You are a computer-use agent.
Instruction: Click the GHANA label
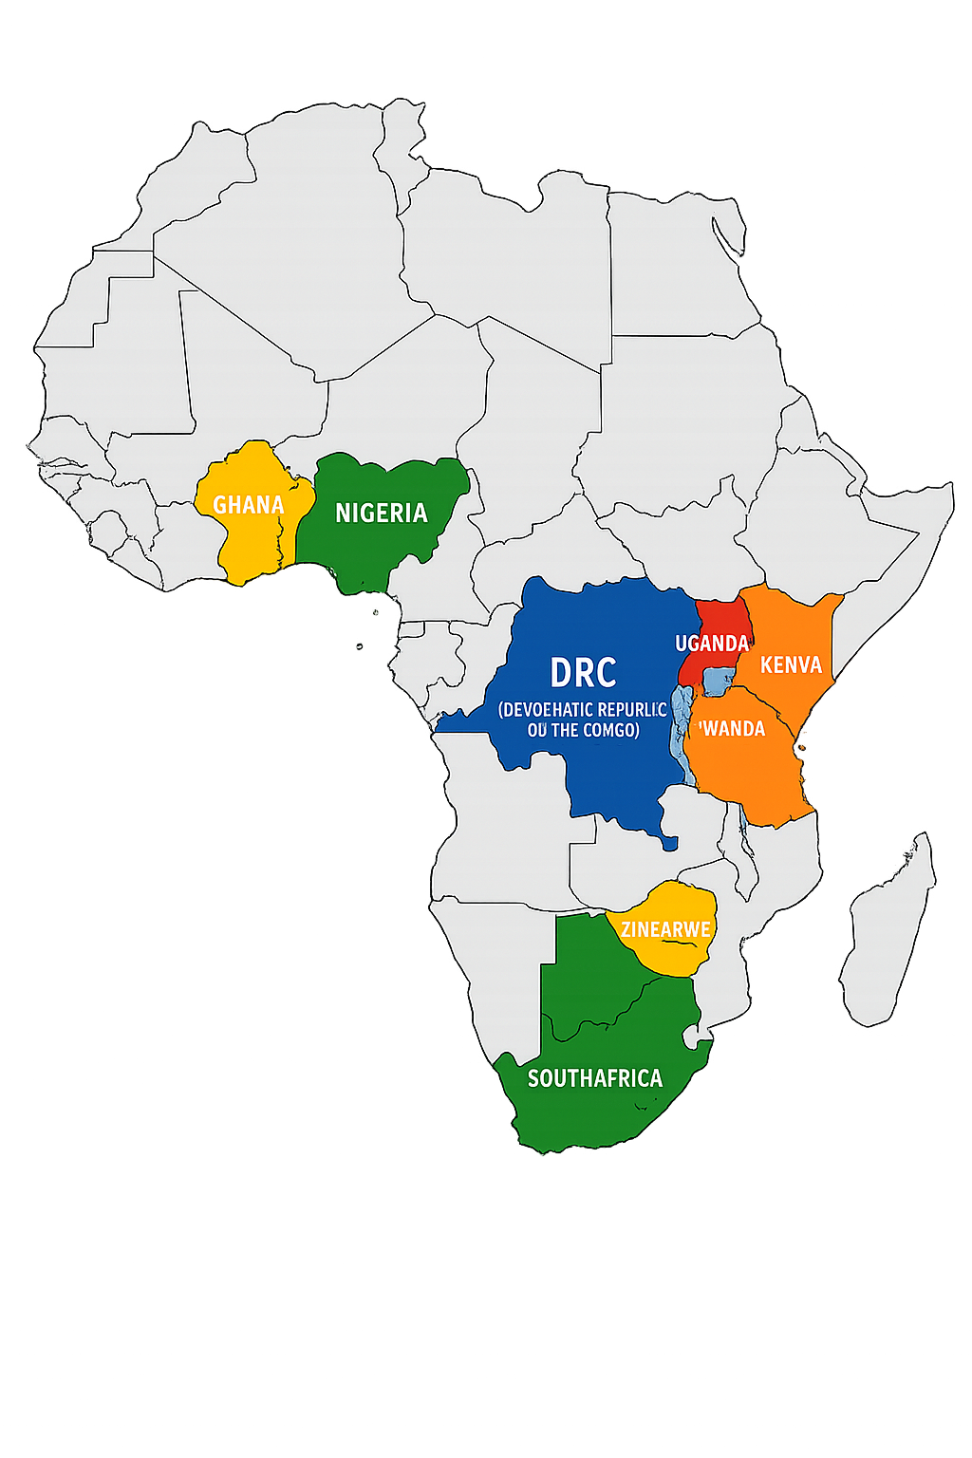[249, 505]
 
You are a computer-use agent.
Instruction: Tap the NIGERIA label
[382, 514]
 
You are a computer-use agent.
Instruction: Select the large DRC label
[583, 673]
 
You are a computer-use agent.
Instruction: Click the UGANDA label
[711, 644]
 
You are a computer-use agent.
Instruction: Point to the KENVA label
[791, 664]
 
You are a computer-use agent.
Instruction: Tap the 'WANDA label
[732, 729]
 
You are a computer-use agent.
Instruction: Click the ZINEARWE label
[665, 929]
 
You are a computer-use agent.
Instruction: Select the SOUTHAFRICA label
[595, 1078]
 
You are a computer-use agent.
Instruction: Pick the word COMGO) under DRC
[610, 730]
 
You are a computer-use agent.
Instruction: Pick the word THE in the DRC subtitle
[565, 730]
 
